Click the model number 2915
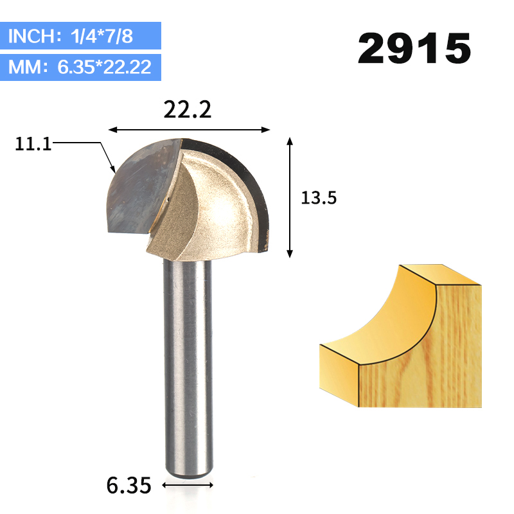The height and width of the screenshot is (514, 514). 414,48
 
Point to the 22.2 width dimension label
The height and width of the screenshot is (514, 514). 187,111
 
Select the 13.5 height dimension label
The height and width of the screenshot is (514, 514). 319,199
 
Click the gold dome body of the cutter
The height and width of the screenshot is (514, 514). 212,206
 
